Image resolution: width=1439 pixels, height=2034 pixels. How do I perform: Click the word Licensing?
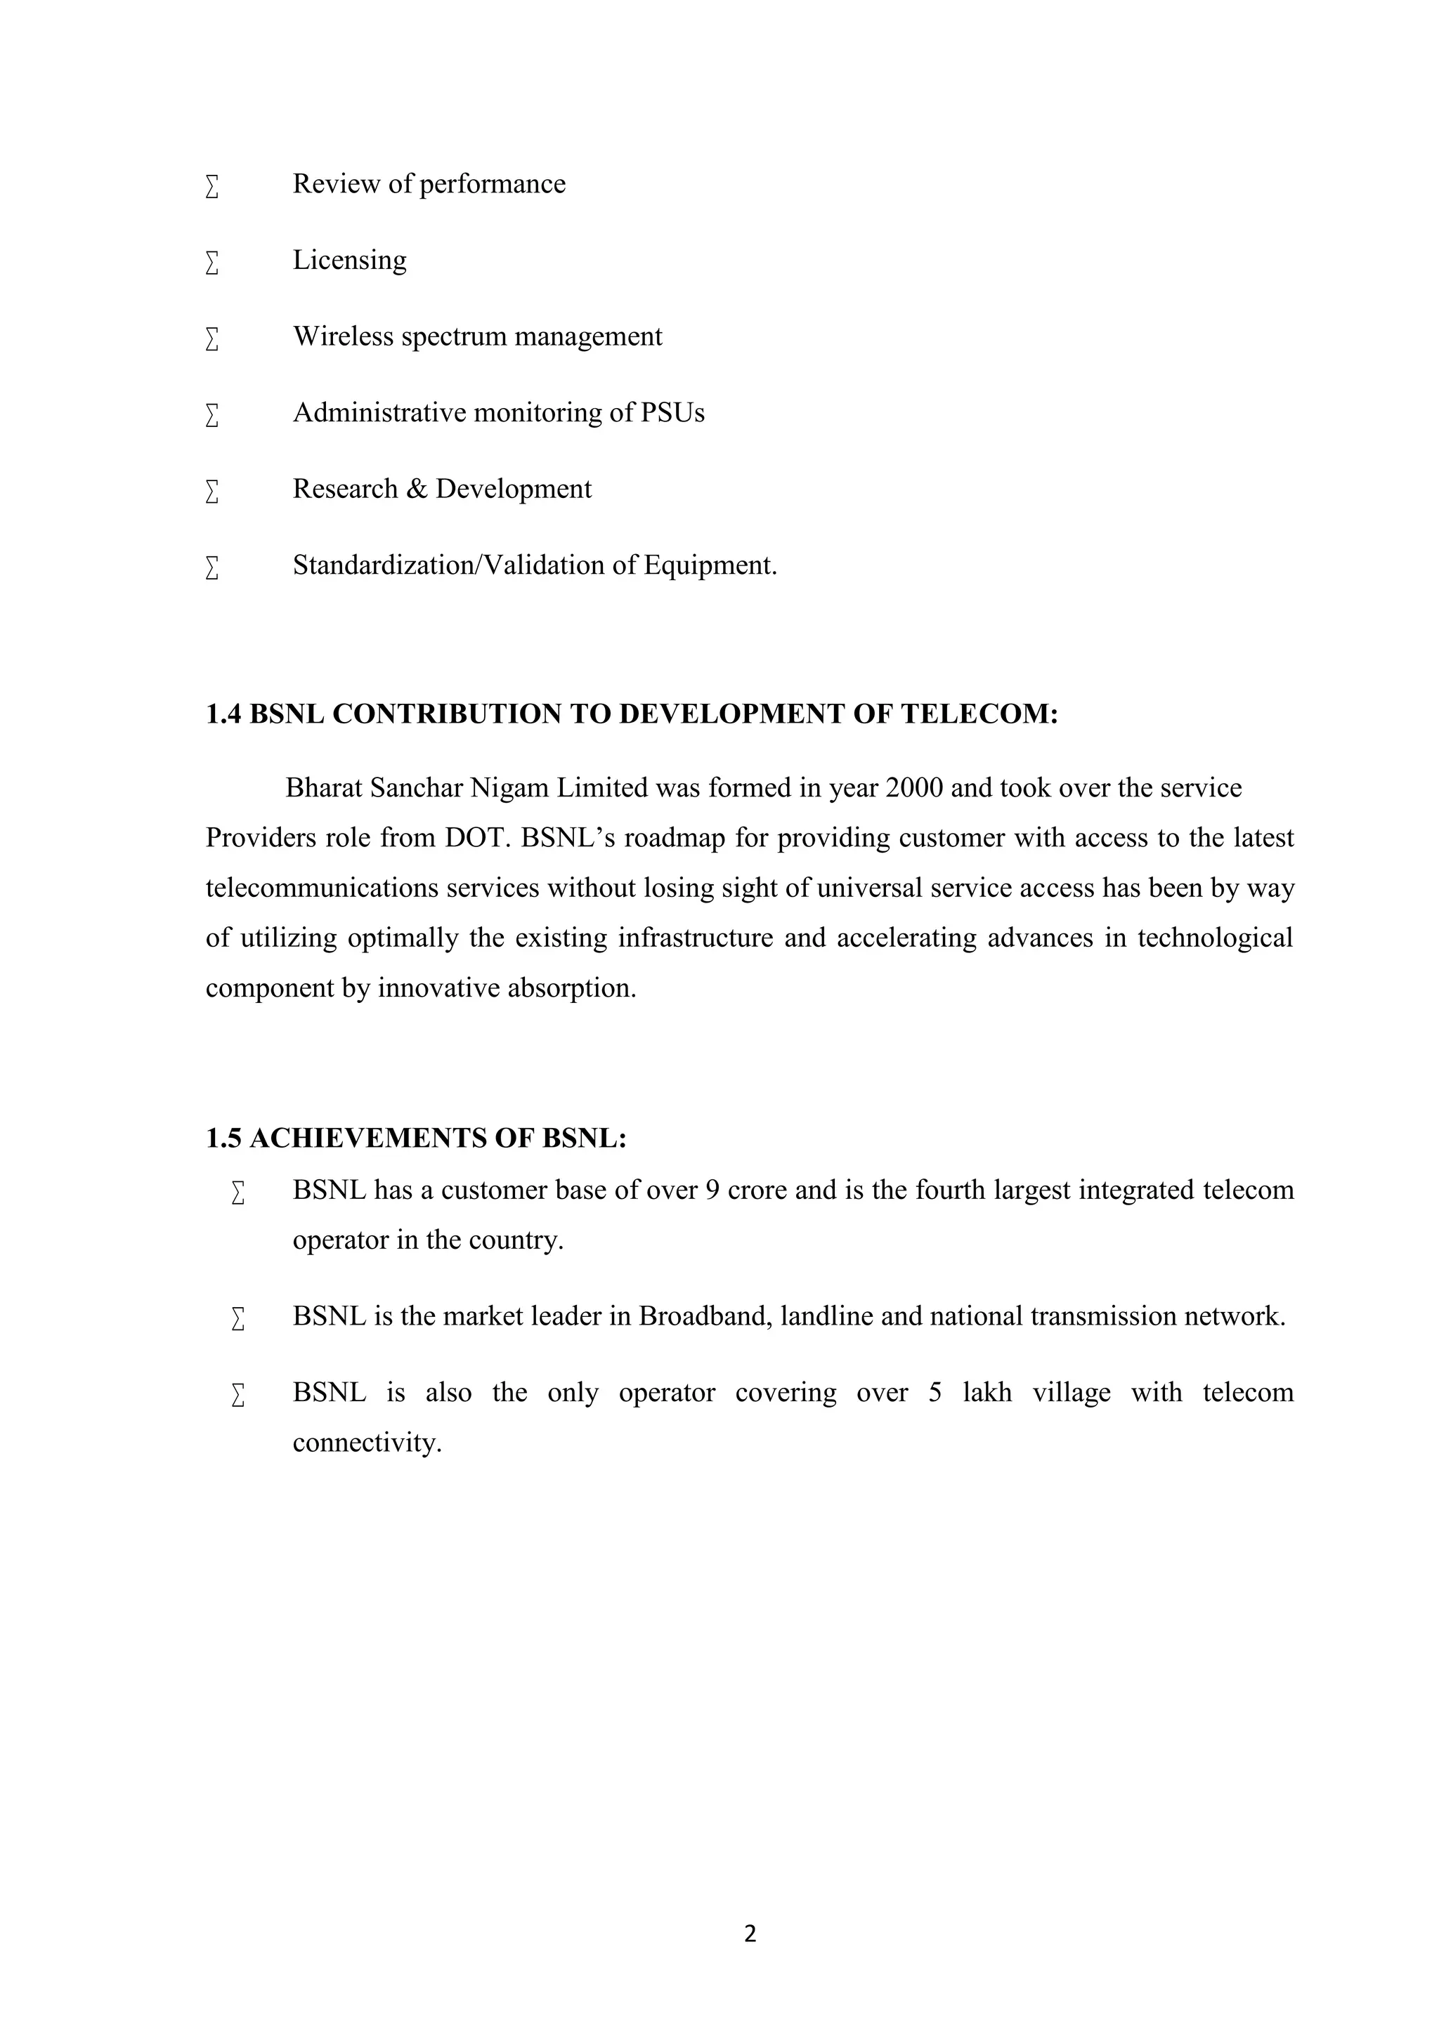click(x=349, y=261)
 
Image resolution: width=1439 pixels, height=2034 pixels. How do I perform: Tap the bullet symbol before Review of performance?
click(x=211, y=186)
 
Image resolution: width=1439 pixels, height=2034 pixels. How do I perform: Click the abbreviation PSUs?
click(x=672, y=413)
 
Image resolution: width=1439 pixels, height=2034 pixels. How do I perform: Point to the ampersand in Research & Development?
click(x=417, y=489)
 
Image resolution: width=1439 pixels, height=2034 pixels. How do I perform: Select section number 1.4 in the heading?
click(x=223, y=714)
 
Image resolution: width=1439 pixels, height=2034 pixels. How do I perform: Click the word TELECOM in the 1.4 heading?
click(x=978, y=714)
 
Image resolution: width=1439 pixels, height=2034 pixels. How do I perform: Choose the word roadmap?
click(x=675, y=838)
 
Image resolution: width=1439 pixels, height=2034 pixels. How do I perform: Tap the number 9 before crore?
click(x=712, y=1190)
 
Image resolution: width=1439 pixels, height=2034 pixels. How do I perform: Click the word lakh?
click(x=987, y=1393)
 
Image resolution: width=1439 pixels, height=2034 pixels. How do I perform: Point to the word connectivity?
click(x=366, y=1443)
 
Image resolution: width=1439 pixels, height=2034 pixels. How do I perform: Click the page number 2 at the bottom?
click(x=750, y=1934)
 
